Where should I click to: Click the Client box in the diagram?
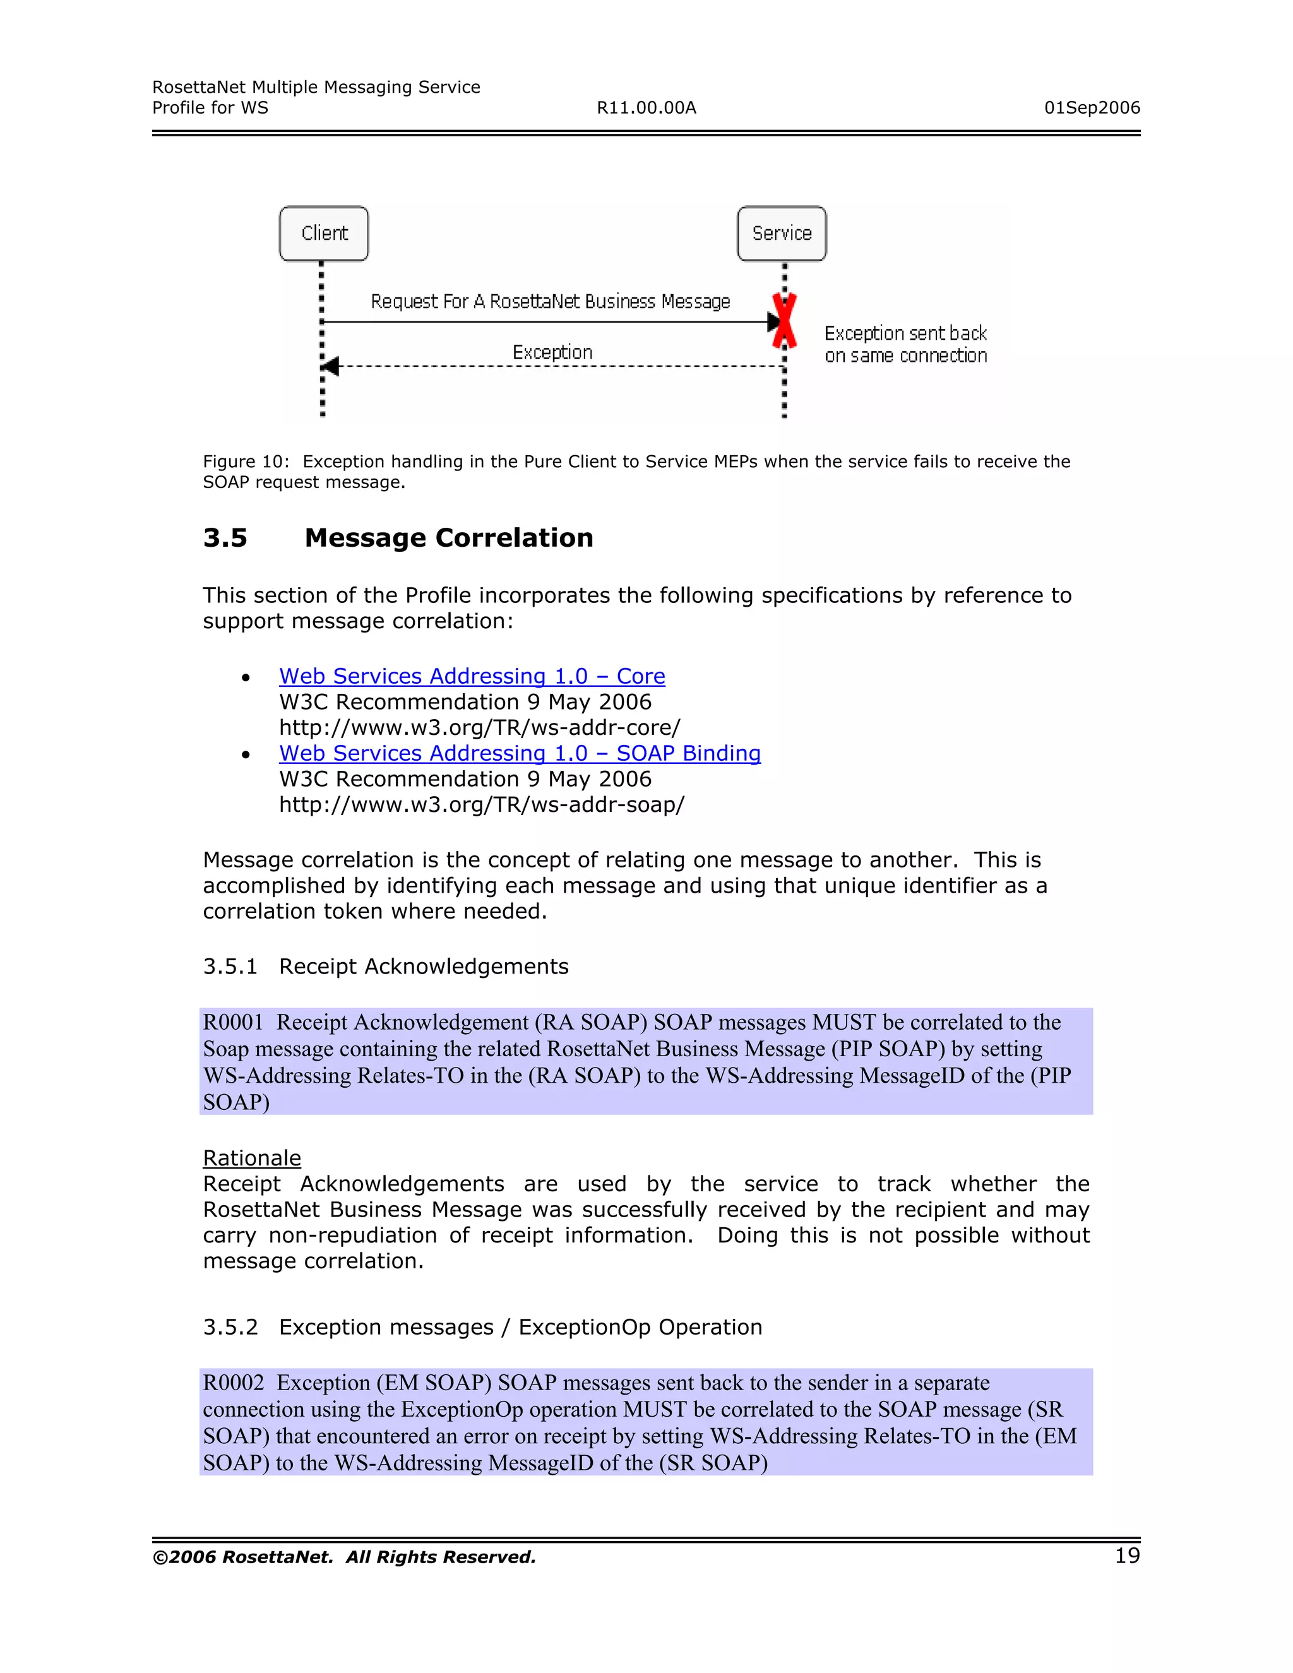coord(324,234)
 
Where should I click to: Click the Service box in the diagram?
coord(782,234)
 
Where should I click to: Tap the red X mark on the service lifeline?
coord(784,321)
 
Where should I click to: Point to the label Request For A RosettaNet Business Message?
coord(550,302)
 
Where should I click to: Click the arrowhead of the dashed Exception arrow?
coord(330,366)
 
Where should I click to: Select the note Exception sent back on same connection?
coord(905,345)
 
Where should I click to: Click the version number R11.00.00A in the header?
coord(646,108)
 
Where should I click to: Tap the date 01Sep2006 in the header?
coord(1092,108)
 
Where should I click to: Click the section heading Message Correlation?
coord(449,538)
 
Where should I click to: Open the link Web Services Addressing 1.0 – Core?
coord(472,676)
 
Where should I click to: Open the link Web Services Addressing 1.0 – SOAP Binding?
coord(520,754)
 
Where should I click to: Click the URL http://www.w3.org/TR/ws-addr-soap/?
coord(481,805)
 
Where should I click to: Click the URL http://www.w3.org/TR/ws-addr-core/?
coord(480,728)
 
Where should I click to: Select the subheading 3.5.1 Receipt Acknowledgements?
coord(385,967)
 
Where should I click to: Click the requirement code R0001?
coord(233,1023)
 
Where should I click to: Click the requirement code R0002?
coord(233,1383)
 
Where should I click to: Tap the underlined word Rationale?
coord(252,1158)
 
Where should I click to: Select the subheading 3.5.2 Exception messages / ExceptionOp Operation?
coord(482,1328)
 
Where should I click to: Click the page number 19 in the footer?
coord(1127,1556)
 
